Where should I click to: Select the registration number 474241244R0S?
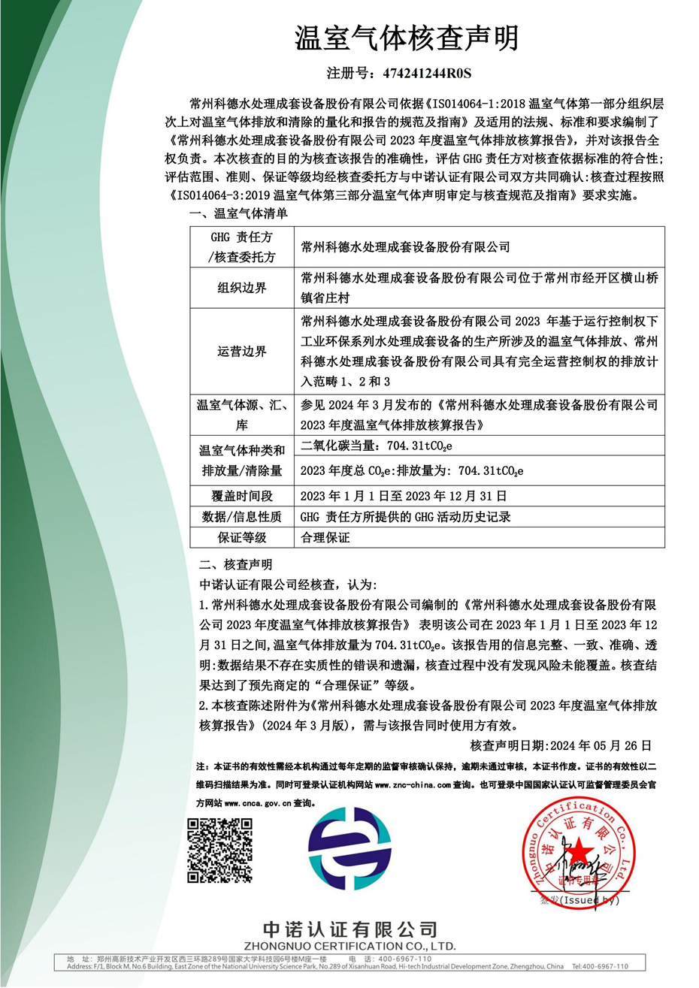[426, 74]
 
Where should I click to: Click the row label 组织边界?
[242, 288]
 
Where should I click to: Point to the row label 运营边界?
[242, 352]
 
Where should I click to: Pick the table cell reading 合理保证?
[325, 537]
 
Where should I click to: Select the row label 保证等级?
[242, 537]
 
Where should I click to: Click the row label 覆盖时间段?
[242, 496]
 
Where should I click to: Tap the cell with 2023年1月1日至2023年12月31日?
[403, 496]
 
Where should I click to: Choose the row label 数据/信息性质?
[242, 517]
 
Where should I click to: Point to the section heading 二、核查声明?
[236, 564]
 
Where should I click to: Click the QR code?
[219, 851]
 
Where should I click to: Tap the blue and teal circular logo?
[349, 849]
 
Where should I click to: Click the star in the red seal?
[579, 851]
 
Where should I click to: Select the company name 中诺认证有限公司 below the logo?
[349, 929]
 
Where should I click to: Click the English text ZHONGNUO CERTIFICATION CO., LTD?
[349, 946]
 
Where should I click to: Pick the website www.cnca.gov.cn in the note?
[258, 802]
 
